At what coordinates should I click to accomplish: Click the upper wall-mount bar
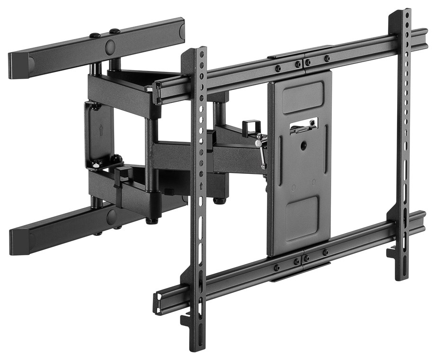[x=95, y=45]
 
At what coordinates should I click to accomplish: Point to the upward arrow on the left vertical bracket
[x=202, y=185]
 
